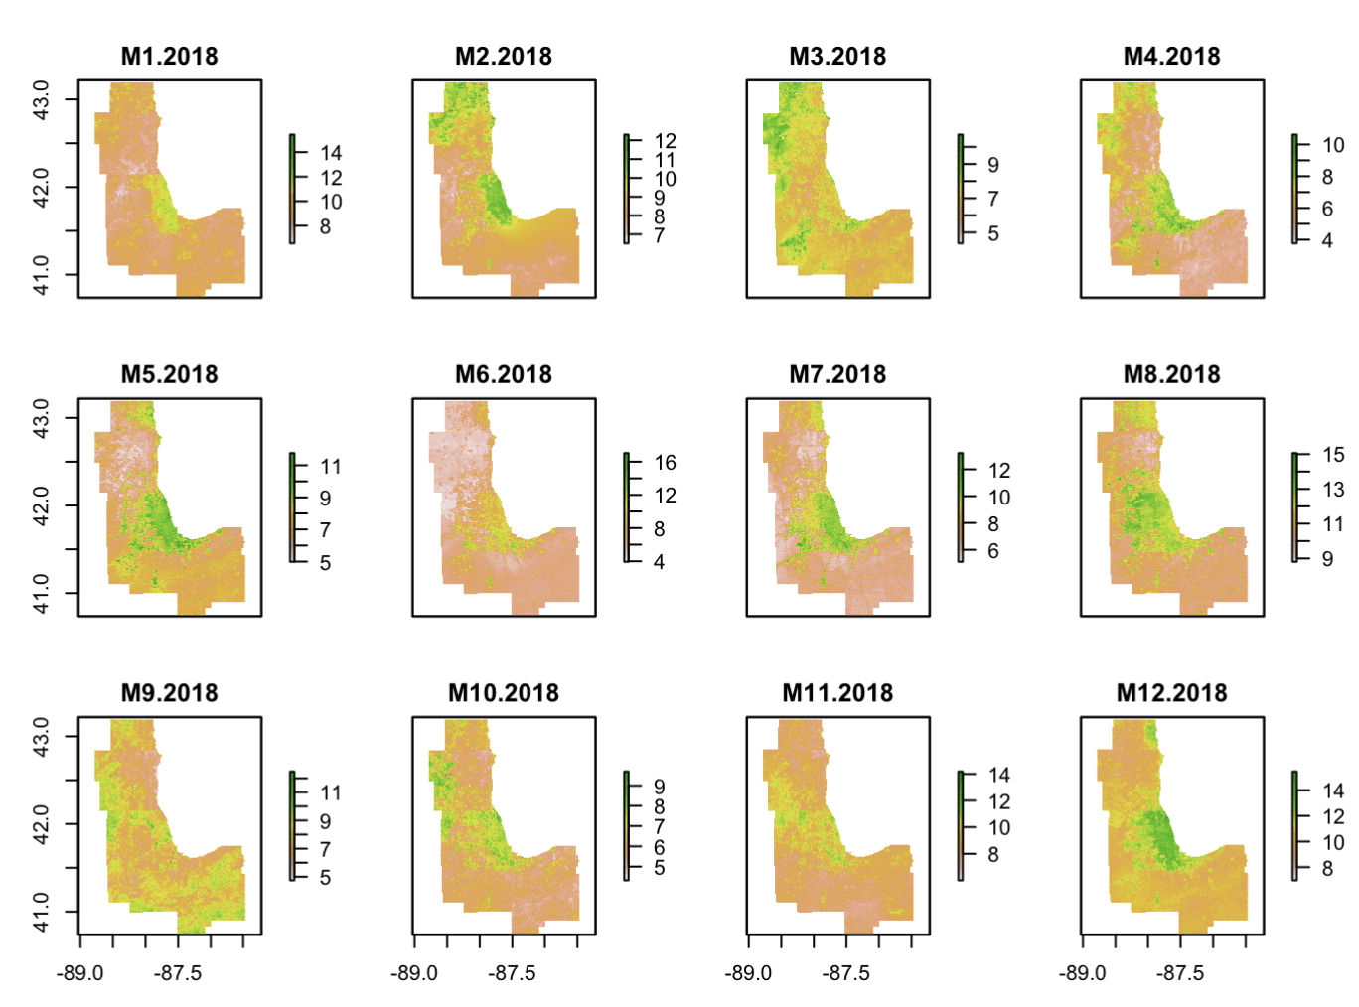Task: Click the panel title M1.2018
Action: tap(169, 57)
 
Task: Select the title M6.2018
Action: tap(503, 375)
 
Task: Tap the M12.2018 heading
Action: tap(1171, 693)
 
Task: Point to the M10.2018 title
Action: tap(503, 693)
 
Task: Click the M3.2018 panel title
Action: tap(837, 57)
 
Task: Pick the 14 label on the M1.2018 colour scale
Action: tap(331, 153)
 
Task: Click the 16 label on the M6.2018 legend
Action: tap(665, 463)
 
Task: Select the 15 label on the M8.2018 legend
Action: tap(1333, 455)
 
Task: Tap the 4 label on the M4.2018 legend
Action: tap(1327, 240)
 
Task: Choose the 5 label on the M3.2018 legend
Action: tap(992, 234)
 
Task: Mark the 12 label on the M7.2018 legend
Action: tap(999, 471)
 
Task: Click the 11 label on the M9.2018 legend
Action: tap(331, 793)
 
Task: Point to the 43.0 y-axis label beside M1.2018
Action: tap(41, 99)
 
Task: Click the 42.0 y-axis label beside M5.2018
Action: tap(41, 505)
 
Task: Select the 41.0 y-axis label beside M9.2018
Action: tap(41, 912)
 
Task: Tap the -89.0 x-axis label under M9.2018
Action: tap(79, 973)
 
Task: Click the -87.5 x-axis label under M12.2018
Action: tap(1179, 973)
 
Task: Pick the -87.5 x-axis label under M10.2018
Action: tap(512, 973)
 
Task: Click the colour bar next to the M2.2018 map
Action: tap(626, 189)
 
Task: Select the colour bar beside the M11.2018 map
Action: tap(961, 825)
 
